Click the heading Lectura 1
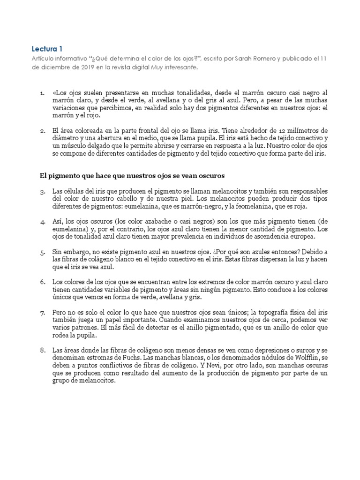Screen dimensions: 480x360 click(x=46, y=48)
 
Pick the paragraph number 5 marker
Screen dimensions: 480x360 click(x=42, y=252)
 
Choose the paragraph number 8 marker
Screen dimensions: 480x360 click(x=42, y=350)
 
